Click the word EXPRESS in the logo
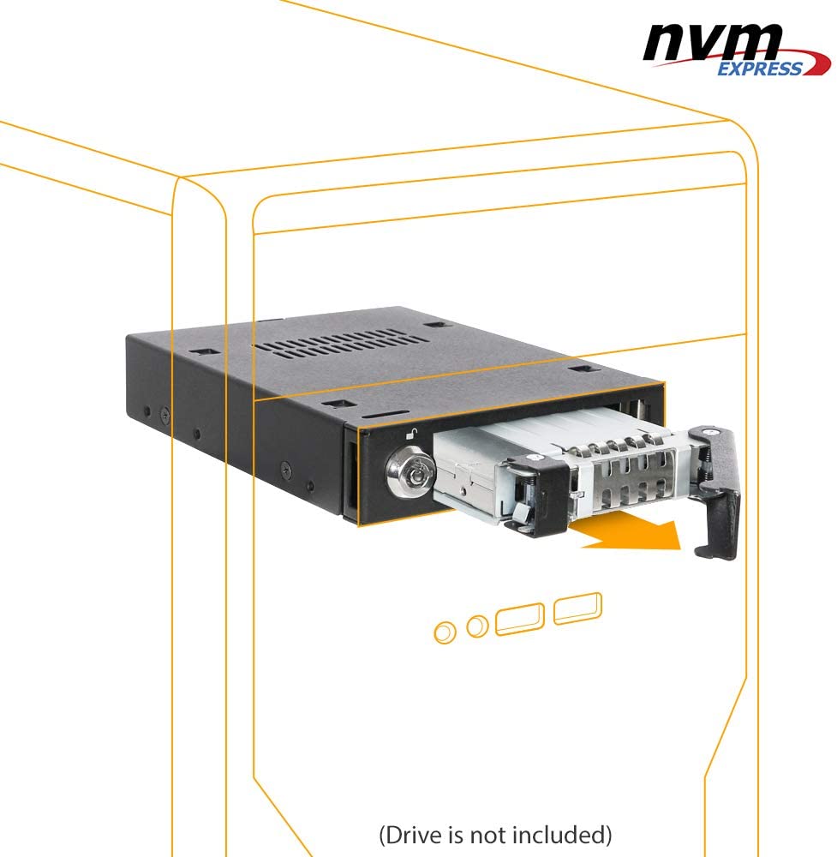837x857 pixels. [x=759, y=69]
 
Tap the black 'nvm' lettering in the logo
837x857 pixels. [x=713, y=42]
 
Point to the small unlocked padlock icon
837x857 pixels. [x=411, y=434]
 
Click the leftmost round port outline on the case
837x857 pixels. [x=445, y=632]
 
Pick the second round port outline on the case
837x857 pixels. [x=477, y=626]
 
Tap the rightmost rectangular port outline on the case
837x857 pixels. [x=577, y=608]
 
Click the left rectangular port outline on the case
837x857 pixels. [x=519, y=620]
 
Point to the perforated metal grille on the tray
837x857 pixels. [x=634, y=476]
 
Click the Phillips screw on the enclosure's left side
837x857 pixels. [x=164, y=417]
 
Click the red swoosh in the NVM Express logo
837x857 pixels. [x=765, y=63]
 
